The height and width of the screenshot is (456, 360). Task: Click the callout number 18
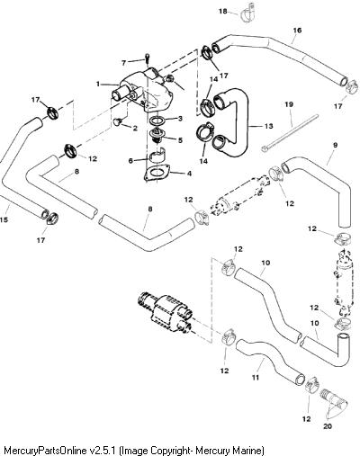click(222, 11)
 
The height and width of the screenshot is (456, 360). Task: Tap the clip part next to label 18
click(247, 13)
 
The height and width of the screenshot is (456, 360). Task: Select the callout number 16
click(297, 31)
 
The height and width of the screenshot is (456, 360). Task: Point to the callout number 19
click(289, 104)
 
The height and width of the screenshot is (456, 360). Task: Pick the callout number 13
click(269, 126)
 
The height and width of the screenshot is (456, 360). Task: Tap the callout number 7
click(124, 63)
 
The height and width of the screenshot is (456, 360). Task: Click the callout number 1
click(98, 85)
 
